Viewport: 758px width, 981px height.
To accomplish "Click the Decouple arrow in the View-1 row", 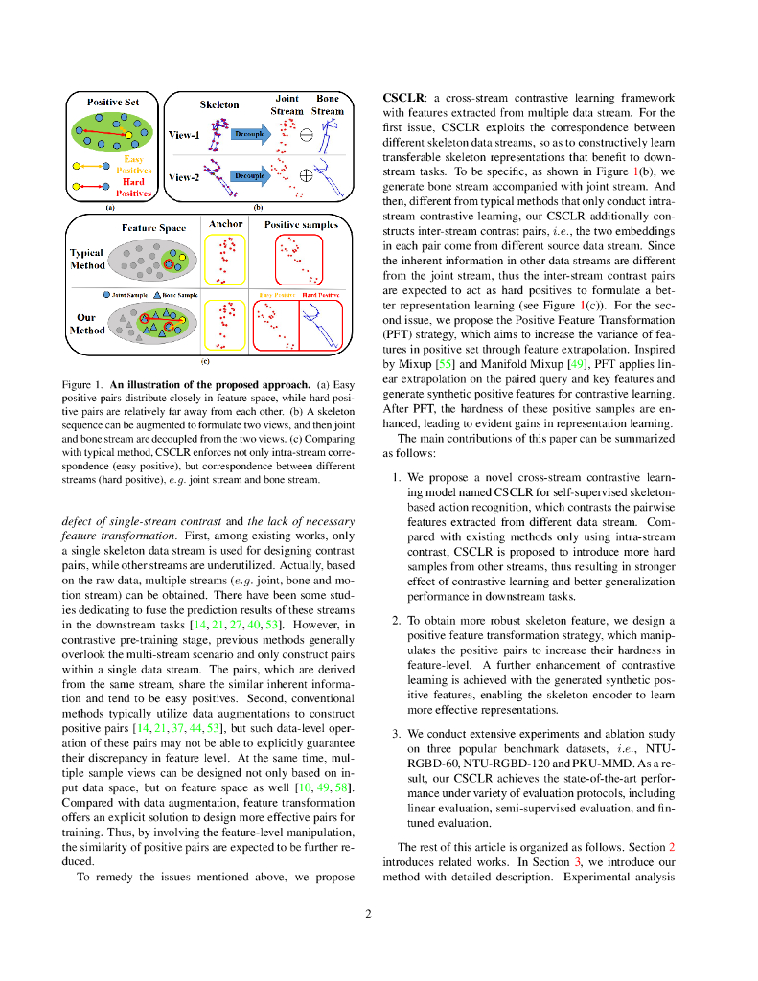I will [x=251, y=134].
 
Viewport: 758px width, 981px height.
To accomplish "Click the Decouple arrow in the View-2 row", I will [x=251, y=176].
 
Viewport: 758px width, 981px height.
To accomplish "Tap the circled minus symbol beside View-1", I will [x=307, y=135].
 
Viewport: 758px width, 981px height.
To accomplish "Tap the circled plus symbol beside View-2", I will [x=307, y=175].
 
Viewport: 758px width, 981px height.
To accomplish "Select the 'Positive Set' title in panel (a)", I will [x=113, y=102].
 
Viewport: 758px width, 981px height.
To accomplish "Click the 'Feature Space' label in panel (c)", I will [x=153, y=228].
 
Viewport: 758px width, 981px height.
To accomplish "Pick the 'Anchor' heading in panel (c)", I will [x=225, y=224].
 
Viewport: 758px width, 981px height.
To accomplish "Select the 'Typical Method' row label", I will [x=87, y=259].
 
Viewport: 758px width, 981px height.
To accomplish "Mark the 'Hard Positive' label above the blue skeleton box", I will [x=321, y=295].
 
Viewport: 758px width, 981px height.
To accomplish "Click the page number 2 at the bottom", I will [x=368, y=913].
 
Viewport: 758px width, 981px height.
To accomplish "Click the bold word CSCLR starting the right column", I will [x=402, y=98].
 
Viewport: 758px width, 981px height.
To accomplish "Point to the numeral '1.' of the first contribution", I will [x=398, y=476].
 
